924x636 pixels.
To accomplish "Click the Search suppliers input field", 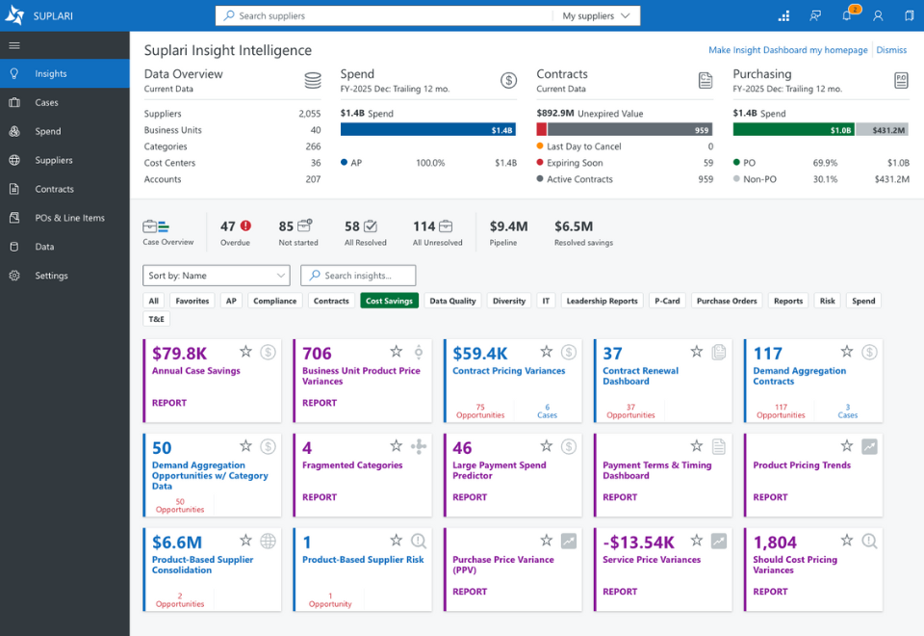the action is click(383, 16).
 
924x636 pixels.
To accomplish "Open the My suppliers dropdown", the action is click(596, 16).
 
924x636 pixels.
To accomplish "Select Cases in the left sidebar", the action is click(46, 103).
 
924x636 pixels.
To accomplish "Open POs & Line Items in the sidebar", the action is click(69, 218).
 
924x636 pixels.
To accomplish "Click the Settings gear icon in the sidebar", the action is click(14, 276).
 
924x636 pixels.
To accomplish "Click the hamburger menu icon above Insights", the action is click(14, 45).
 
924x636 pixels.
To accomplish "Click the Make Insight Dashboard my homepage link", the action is click(788, 50).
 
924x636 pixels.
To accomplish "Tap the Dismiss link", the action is click(891, 50).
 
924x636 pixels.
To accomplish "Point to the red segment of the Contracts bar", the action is click(542, 130).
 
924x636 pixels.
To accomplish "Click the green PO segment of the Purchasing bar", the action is click(793, 130).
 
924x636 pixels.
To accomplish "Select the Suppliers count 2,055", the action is click(309, 114).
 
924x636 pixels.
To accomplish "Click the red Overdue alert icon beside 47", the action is click(245, 225).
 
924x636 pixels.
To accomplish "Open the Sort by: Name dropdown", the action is click(217, 276).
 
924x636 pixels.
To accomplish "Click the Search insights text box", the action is click(358, 276).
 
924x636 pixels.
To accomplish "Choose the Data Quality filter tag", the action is click(452, 301).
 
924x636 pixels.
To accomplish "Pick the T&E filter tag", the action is click(156, 319).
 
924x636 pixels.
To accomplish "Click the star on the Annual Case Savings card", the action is click(245, 352).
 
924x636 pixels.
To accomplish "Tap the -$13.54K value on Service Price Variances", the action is click(638, 543).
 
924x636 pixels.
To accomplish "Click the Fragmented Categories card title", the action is click(352, 465).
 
